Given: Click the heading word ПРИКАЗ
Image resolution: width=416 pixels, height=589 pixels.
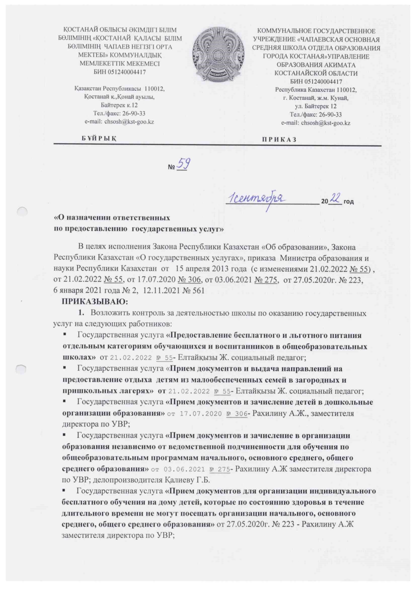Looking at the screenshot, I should [279, 140].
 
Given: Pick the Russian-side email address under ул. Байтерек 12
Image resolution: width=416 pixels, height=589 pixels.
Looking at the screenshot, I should [326, 123].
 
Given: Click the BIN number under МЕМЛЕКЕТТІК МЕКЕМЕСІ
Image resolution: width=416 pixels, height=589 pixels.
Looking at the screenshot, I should [120, 72].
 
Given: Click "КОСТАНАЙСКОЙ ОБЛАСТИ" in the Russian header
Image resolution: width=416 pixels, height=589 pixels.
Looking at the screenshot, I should [316, 73].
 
